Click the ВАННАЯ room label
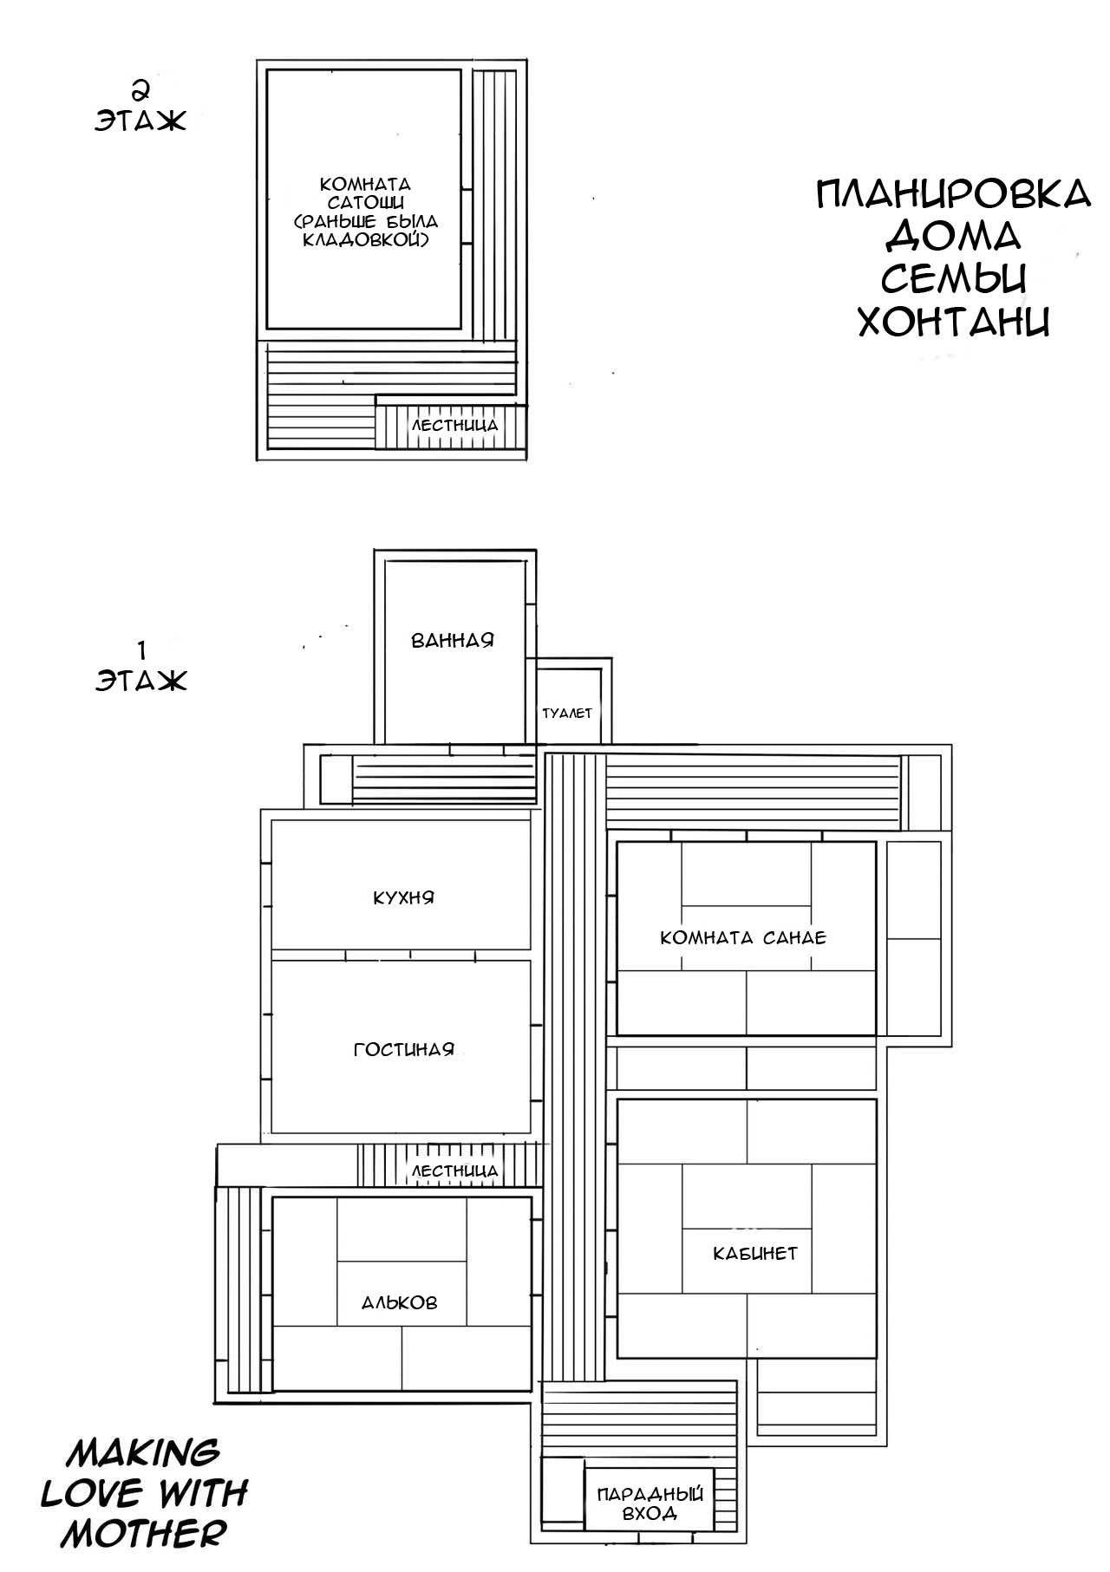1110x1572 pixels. coord(452,641)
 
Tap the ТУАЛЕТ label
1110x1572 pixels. coord(567,713)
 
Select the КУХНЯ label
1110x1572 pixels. coord(403,897)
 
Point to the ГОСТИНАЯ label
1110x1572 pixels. coord(403,1049)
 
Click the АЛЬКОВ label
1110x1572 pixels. coord(399,1302)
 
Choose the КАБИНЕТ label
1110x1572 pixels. coord(754,1253)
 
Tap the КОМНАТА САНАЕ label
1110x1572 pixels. coord(743,937)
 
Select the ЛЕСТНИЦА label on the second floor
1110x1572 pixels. coord(454,426)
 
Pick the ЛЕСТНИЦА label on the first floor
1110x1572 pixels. coord(454,1171)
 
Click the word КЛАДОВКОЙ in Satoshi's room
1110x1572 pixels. coord(365,238)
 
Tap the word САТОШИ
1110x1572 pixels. coord(365,202)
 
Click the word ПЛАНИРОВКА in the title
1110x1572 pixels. coord(953,193)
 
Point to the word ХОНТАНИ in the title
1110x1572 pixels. coord(954,322)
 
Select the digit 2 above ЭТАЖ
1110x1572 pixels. coord(139,89)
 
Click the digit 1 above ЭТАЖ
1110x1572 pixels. coord(140,649)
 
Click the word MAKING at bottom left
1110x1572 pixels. coord(143,1451)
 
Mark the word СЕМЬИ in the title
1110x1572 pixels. coord(954,278)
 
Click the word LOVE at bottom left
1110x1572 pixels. coord(91,1493)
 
